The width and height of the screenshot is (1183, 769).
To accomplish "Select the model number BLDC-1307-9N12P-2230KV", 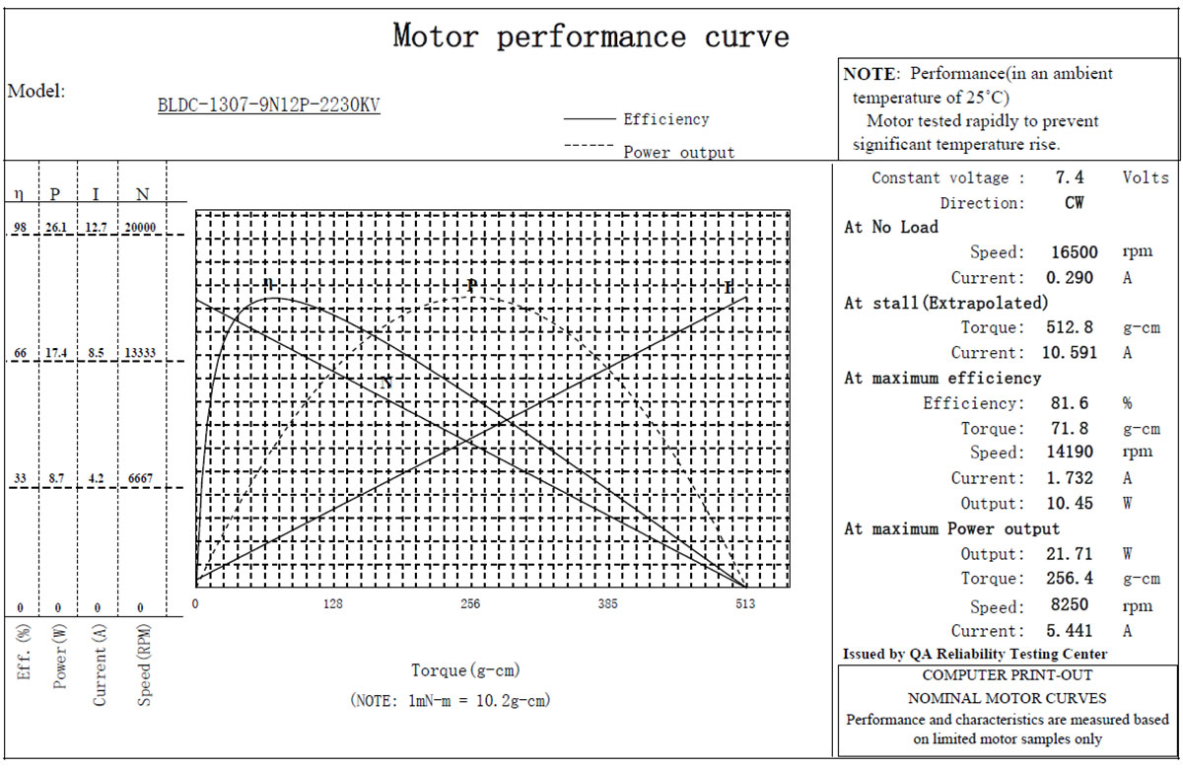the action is pos(269,105).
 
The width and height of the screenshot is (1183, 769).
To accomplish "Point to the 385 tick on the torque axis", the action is pos(607,603).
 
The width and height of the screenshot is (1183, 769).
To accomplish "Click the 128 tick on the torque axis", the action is pos(333,603).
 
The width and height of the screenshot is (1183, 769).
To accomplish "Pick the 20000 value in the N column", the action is pos(140,227).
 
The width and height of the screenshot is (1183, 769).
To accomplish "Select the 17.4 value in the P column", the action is pos(56,353).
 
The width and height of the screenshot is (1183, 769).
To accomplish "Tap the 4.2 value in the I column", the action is pos(96,478).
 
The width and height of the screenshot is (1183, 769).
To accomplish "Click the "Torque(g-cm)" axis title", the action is pos(465,670).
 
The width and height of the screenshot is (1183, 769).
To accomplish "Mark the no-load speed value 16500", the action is pos(1074,252).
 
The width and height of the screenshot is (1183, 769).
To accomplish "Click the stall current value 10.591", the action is pos(1069,353).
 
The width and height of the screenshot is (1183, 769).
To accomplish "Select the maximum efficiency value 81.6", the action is pos(1069,403).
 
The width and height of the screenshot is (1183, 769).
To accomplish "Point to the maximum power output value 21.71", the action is pos(1069,554).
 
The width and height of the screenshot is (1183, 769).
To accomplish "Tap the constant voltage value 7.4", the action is pos(1069,177).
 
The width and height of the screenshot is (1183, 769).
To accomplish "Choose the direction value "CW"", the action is pos(1074,203).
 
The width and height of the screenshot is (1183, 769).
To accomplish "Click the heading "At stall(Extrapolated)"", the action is pos(945,303).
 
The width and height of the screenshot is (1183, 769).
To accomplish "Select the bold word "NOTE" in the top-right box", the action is pos(870,74).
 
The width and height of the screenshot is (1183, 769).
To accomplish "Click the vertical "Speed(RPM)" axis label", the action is pos(144,664).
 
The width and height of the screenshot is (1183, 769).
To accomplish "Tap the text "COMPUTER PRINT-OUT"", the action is pos(1008,675).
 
